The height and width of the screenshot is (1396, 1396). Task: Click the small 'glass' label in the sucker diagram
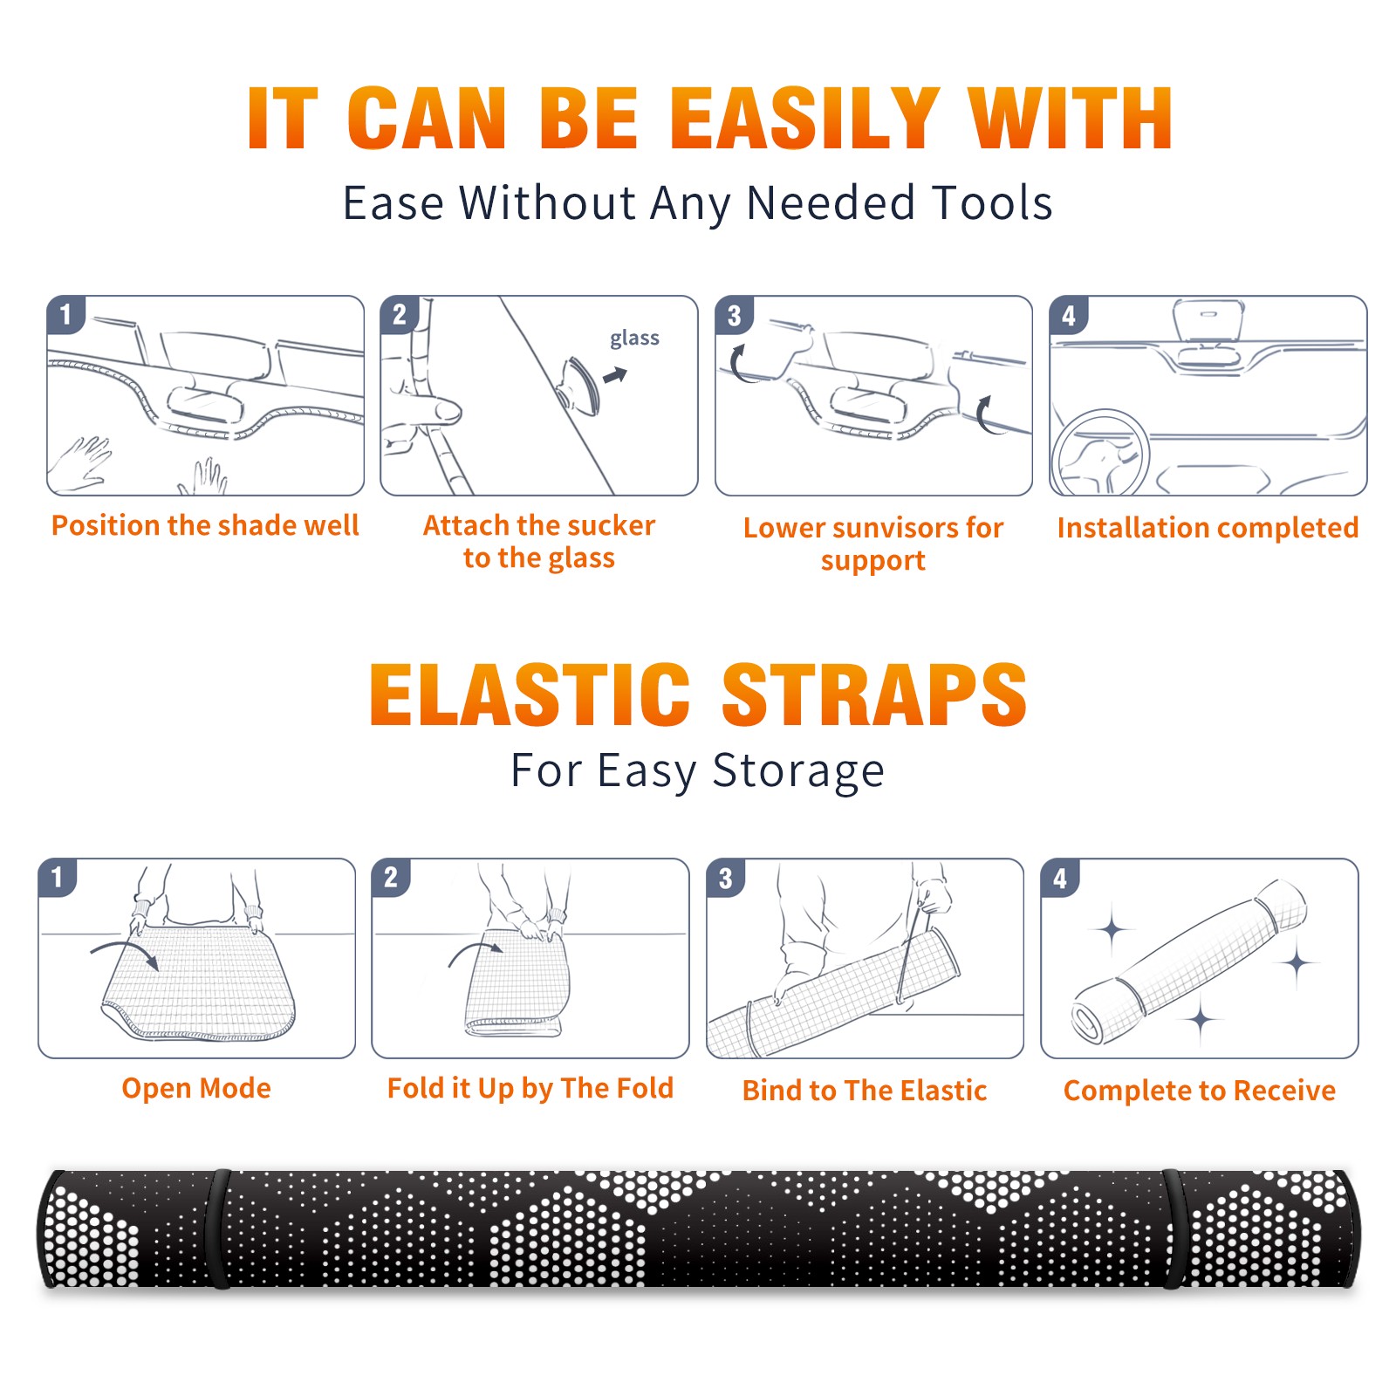tap(634, 338)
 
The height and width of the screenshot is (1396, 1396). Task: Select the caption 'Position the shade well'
tap(205, 525)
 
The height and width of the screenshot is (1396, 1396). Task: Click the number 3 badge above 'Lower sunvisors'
tap(735, 315)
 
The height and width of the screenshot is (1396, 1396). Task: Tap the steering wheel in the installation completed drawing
tap(1101, 454)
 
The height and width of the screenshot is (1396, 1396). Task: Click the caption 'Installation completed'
tap(1208, 528)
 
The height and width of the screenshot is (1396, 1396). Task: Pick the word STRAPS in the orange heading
tap(874, 695)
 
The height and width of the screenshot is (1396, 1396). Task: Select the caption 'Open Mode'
tap(196, 1088)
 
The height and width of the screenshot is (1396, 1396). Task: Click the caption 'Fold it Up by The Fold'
tap(530, 1089)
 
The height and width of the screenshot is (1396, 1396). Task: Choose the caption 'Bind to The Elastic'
tap(865, 1091)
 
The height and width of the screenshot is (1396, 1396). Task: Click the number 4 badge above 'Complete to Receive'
tap(1060, 878)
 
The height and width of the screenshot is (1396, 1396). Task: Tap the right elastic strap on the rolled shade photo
tap(1174, 1228)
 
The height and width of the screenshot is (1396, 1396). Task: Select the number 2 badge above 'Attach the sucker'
tap(400, 315)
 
